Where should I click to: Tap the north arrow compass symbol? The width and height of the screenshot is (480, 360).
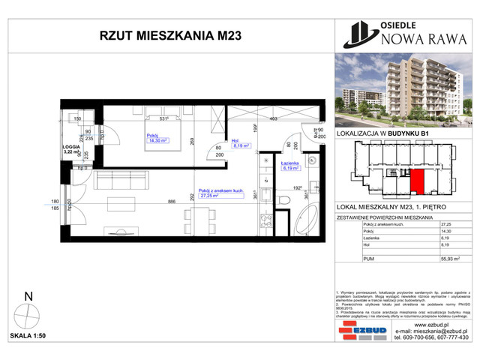(28, 315)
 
